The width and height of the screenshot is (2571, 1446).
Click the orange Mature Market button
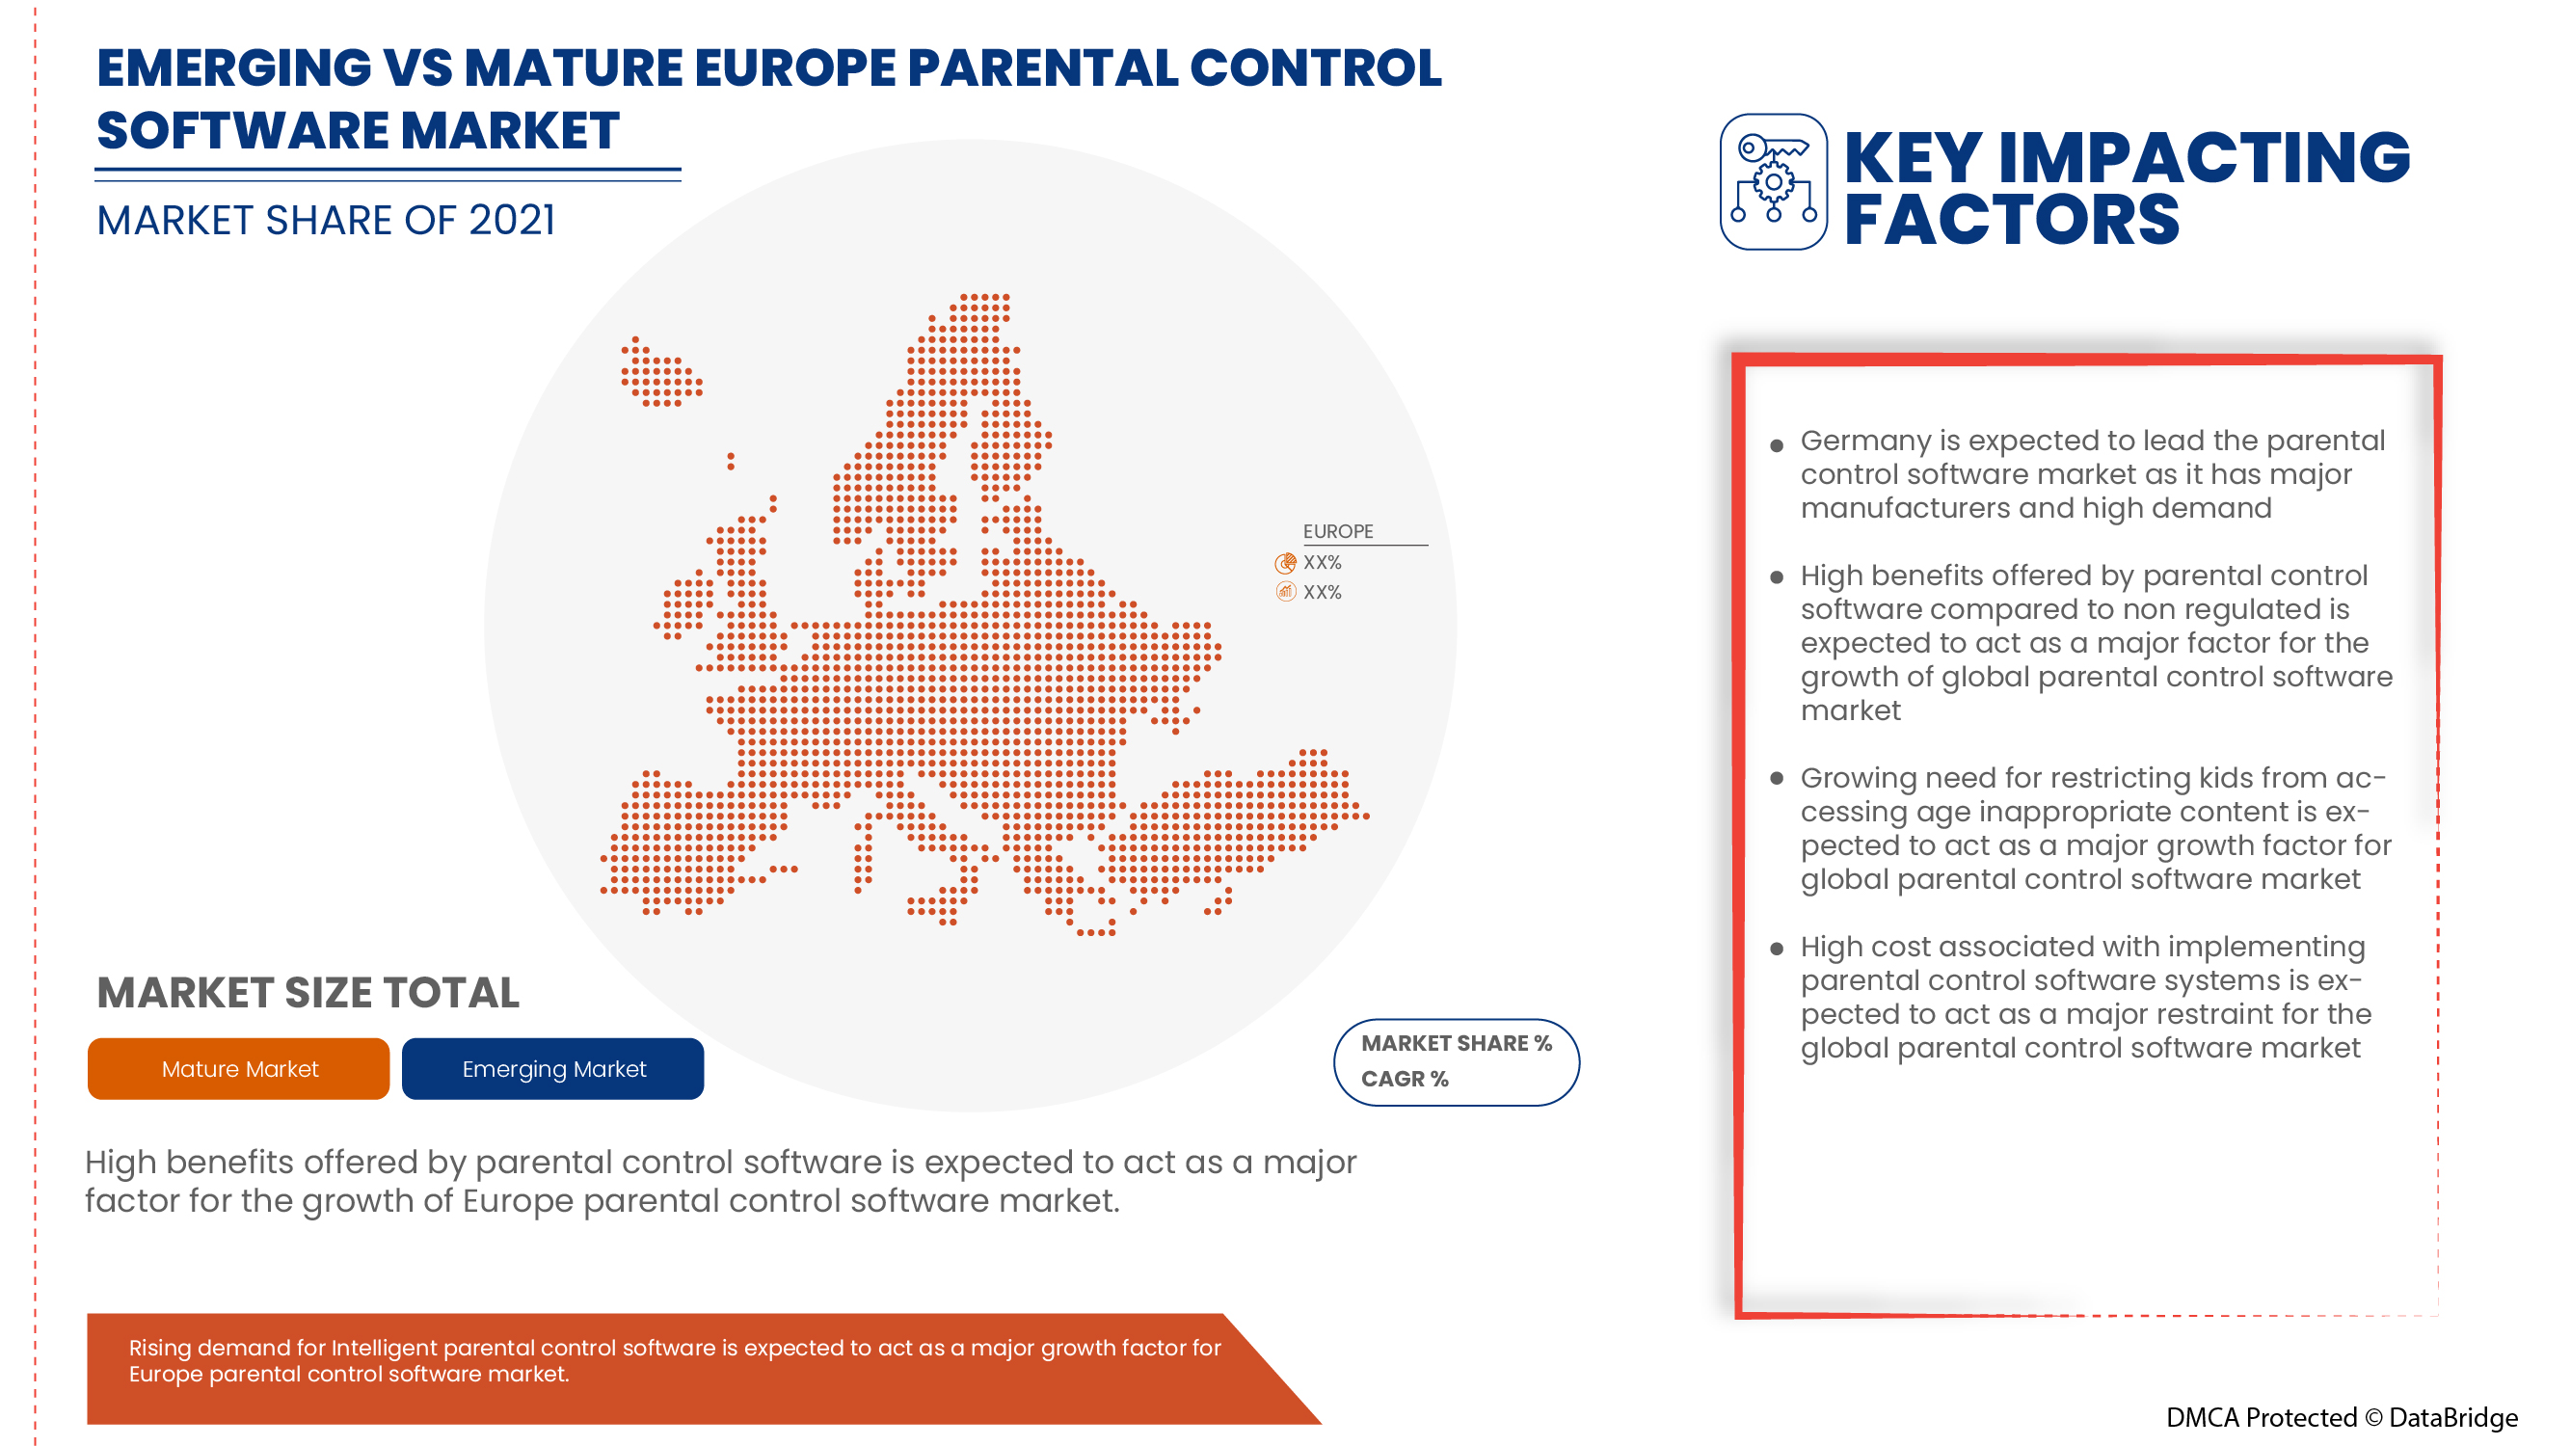pos(238,1069)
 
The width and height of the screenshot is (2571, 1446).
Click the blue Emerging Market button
pos(553,1069)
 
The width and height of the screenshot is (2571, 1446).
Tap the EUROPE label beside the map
pos(1337,531)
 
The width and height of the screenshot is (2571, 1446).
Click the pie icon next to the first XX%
pos(1286,563)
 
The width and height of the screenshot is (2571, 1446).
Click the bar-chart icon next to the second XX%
pos(1286,592)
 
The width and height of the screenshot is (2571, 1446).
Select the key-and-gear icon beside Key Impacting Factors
pos(1774,181)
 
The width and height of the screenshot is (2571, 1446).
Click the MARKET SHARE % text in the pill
pos(1457,1043)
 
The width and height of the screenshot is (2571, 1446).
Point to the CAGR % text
pos(1405,1079)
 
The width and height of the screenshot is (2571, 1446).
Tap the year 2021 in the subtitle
pos(511,221)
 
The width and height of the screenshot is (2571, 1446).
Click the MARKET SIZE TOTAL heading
pos(308,993)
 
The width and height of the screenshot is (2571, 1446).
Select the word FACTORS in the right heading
pos(2011,220)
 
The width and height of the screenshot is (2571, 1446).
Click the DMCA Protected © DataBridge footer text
pos(2341,1417)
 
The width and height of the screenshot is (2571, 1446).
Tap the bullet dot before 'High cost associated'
pos(1777,948)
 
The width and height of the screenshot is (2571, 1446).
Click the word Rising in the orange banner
pos(160,1348)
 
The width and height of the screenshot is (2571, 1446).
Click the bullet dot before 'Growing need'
pos(1777,778)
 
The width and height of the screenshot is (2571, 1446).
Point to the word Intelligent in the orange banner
pos(384,1348)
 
